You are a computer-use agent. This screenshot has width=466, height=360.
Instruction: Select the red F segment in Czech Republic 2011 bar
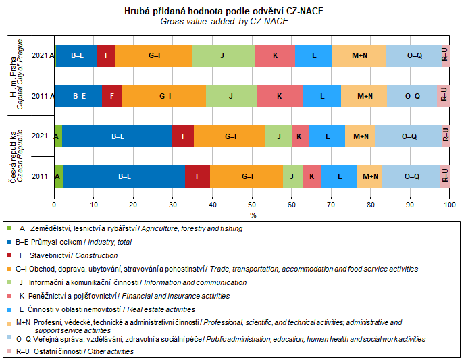point(197,176)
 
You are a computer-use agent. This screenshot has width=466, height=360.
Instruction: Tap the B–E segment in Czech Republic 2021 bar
point(117,136)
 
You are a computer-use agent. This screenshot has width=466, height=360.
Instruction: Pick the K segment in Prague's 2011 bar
point(280,96)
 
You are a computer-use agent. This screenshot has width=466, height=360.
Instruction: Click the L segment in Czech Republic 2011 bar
point(338,176)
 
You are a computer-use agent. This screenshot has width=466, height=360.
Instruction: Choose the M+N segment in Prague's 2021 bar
point(359,56)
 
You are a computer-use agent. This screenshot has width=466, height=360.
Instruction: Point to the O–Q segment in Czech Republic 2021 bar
point(409,136)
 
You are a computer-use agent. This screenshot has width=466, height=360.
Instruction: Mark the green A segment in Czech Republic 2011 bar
point(59,176)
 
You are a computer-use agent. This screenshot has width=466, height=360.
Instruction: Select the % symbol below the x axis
point(253,215)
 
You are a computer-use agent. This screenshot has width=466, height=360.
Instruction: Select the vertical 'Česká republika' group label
point(12,157)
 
